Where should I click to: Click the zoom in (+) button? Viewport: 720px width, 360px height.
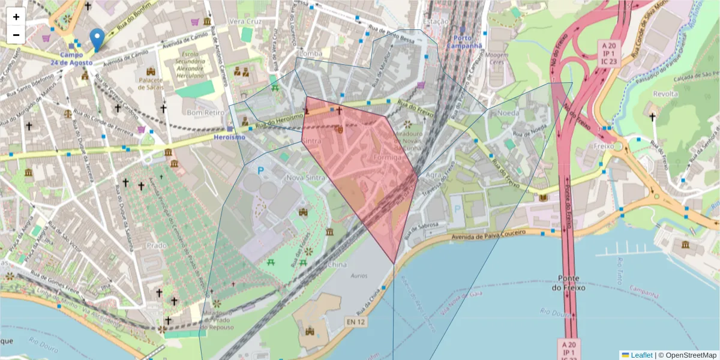(16, 17)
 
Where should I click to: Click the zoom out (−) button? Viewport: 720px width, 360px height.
(16, 35)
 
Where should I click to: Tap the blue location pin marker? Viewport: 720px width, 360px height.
(97, 40)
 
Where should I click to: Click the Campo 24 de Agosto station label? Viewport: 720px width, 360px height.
(71, 59)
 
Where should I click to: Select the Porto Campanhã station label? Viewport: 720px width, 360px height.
(464, 41)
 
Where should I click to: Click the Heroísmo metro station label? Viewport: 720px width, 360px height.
(229, 137)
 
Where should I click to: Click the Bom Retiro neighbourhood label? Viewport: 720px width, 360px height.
(202, 112)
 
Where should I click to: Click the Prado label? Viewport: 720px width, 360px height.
(157, 245)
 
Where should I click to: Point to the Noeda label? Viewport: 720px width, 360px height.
(508, 113)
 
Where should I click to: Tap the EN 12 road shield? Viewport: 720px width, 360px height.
(355, 323)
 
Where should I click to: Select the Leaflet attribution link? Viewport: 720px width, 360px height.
(641, 355)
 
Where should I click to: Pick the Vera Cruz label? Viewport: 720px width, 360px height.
(242, 22)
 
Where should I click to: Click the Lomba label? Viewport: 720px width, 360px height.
(310, 53)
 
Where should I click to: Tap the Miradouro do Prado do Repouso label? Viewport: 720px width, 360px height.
(217, 320)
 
